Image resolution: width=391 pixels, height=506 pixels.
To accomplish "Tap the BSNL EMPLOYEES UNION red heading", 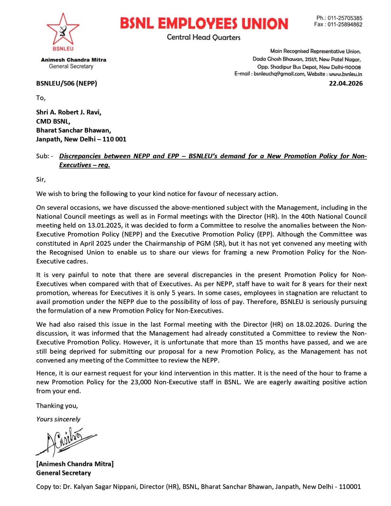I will coord(204,24).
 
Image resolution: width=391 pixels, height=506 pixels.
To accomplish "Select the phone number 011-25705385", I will coord(345,18).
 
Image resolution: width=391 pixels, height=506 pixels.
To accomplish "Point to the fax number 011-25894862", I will coord(345,25).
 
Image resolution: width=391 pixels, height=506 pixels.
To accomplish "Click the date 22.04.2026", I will coord(346,83).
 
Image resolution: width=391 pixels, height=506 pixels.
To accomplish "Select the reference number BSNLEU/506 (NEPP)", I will coord(67,83).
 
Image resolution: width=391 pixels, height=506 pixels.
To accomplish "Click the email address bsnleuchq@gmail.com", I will coord(279,74).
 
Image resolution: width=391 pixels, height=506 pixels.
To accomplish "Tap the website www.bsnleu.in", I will coord(345,74).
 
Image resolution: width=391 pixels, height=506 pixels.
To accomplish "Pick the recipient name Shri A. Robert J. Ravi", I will coord(69,112).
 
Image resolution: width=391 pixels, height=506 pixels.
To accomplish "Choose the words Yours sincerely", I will coord(58,419).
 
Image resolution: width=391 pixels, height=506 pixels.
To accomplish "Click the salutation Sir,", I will coord(41,179).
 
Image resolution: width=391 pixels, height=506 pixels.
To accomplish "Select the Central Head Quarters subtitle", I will coord(204,37).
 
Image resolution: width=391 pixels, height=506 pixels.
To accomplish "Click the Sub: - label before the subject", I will coord(45,156).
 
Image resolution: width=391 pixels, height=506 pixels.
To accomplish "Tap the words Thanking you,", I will coord(57,406).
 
